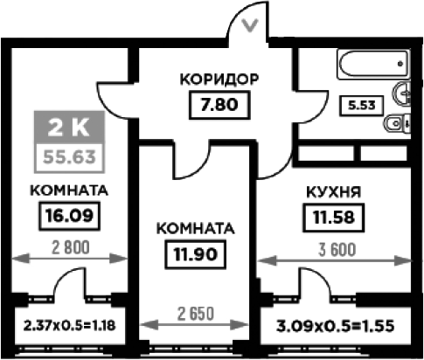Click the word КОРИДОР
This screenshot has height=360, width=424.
pos(219,80)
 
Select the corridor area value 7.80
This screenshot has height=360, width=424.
pos(219,105)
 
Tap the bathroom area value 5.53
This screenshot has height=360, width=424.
pos(362,105)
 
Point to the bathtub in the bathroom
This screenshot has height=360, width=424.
pos(373,64)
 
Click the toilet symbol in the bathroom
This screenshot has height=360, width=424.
pos(397,124)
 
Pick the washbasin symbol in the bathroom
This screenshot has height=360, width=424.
pos(401,93)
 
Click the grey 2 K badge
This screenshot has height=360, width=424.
pos(69,128)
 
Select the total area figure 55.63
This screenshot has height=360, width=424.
pos(69,157)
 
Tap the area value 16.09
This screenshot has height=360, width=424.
pos(69,216)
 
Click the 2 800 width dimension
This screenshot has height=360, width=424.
pos(70,248)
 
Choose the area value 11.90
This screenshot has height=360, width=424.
pos(195,254)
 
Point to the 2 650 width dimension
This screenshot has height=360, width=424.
pos(196,314)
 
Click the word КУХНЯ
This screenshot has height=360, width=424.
pos(334,192)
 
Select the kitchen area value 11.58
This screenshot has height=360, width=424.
pos(334,218)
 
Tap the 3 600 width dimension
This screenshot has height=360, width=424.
pos(337,250)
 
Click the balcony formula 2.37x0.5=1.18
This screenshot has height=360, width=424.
pos(69,325)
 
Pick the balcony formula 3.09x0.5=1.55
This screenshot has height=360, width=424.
pos(335,326)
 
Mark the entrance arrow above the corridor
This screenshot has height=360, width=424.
pos(250,25)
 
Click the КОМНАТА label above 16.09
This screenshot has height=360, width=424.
pos(69,190)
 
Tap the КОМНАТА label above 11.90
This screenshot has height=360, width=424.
pos(195,229)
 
